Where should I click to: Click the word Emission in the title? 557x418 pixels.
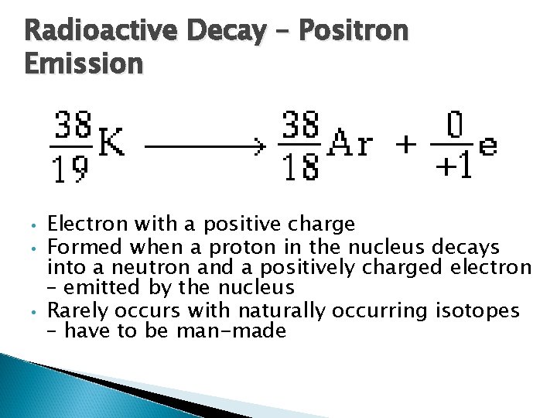click(x=84, y=62)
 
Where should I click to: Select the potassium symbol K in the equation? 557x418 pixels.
click(x=113, y=142)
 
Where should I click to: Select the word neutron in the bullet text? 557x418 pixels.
click(x=111, y=268)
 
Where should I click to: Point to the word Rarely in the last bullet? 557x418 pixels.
click(x=78, y=311)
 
